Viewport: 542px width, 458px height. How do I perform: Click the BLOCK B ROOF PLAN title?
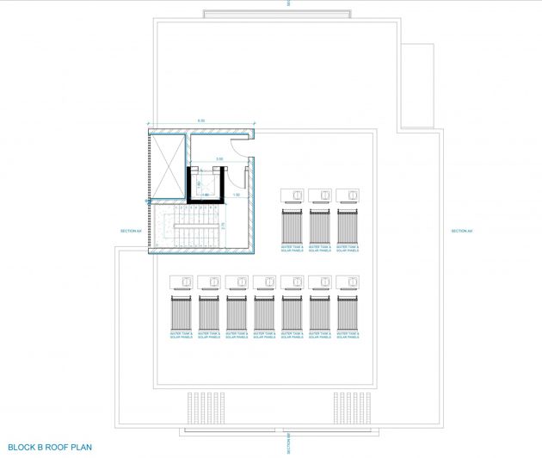click(38, 448)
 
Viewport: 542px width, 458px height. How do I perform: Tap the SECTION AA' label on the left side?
click(130, 231)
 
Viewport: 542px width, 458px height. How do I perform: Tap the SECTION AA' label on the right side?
click(461, 231)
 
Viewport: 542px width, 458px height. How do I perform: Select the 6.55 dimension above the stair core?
click(200, 120)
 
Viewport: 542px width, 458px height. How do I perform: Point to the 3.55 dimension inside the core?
click(219, 159)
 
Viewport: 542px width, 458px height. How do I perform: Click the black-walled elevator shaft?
click(206, 183)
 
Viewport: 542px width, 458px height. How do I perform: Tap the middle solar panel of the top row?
click(320, 226)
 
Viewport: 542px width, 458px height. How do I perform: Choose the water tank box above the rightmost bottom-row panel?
click(348, 281)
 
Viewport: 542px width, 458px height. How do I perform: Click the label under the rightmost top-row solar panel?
click(348, 249)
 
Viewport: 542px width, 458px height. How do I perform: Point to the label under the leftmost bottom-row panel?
click(182, 335)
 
